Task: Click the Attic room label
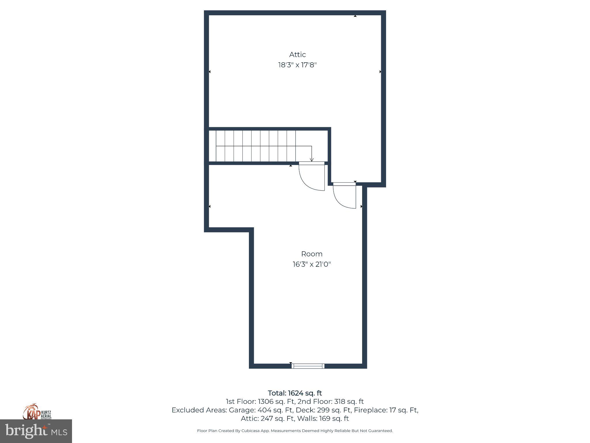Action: (297, 55)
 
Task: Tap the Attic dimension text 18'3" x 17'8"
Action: (297, 65)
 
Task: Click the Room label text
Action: (312, 254)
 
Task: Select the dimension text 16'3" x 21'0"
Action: (312, 264)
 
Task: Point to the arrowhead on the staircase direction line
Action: (311, 159)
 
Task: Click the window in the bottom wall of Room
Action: (308, 366)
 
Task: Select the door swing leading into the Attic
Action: (345, 196)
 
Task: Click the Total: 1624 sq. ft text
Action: (295, 393)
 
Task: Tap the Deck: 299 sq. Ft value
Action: (323, 410)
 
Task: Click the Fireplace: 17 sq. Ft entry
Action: (385, 410)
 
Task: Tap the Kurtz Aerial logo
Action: (37, 412)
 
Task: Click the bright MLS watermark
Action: (36, 431)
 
